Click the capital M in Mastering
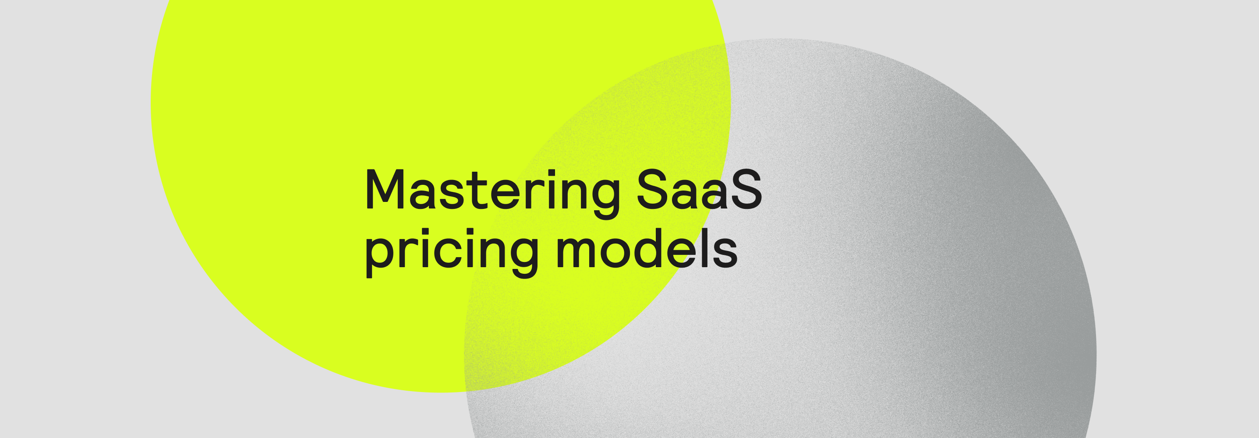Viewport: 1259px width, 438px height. click(x=385, y=190)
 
